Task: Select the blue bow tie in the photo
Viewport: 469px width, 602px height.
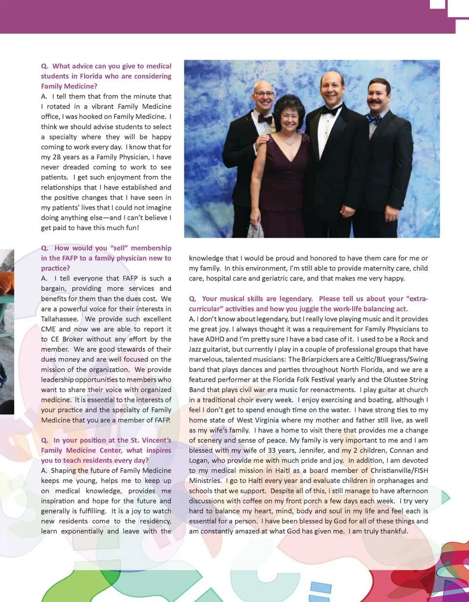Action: click(374, 119)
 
